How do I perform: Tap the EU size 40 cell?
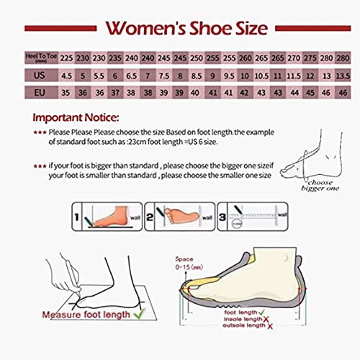197,92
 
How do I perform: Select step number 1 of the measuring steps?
77,215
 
